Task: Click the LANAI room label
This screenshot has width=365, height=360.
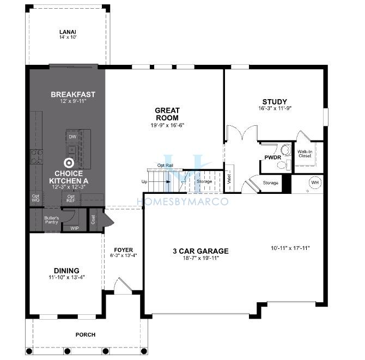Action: click(x=68, y=32)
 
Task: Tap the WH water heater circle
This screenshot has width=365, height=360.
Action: click(x=315, y=182)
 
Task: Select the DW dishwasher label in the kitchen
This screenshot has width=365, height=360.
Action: click(x=72, y=137)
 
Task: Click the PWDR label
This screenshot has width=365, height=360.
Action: click(x=272, y=157)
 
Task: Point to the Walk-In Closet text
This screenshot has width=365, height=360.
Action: click(x=305, y=154)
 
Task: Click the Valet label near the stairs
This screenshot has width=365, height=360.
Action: click(x=229, y=179)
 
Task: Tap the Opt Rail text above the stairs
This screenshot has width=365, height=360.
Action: click(x=165, y=166)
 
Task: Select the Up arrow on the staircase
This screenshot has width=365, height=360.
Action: click(x=168, y=182)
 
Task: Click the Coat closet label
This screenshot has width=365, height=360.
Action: click(x=93, y=219)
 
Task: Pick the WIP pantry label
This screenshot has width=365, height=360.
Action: click(x=75, y=228)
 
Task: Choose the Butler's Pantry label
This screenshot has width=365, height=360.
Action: click(x=51, y=220)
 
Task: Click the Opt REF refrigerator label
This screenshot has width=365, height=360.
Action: click(x=71, y=198)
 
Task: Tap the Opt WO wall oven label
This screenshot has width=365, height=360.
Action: click(x=35, y=198)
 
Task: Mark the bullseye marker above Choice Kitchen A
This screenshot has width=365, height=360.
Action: click(x=69, y=163)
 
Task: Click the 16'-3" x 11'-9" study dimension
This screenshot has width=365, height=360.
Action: click(x=275, y=108)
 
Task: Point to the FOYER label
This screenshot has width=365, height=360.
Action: click(x=123, y=250)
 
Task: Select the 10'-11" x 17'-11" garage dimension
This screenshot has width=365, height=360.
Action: click(x=290, y=248)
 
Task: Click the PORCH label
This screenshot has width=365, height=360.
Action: click(x=86, y=334)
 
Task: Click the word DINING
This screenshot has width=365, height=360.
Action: click(x=66, y=271)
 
